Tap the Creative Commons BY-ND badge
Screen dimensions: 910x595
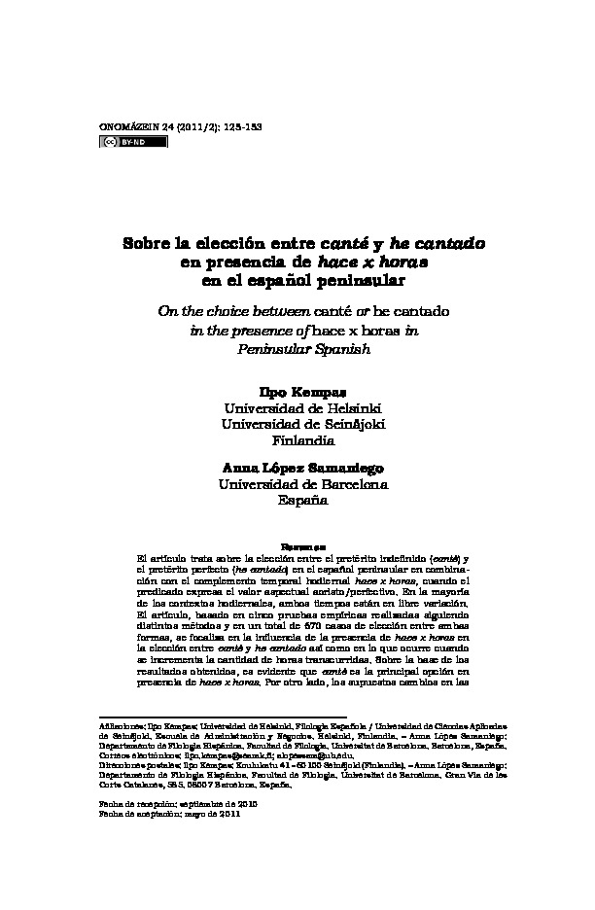coord(134,142)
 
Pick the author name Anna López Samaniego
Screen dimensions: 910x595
coord(297,467)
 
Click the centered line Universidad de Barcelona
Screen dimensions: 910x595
coord(297,484)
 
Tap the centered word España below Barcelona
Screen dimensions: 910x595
coord(297,501)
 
